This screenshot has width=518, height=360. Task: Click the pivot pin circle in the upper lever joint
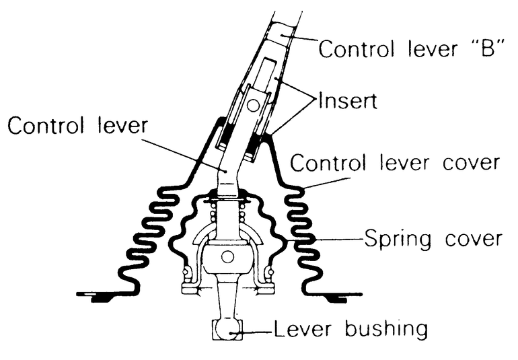(253, 104)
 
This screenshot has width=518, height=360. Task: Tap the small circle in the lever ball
(227, 256)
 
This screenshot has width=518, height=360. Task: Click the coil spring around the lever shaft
(227, 215)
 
